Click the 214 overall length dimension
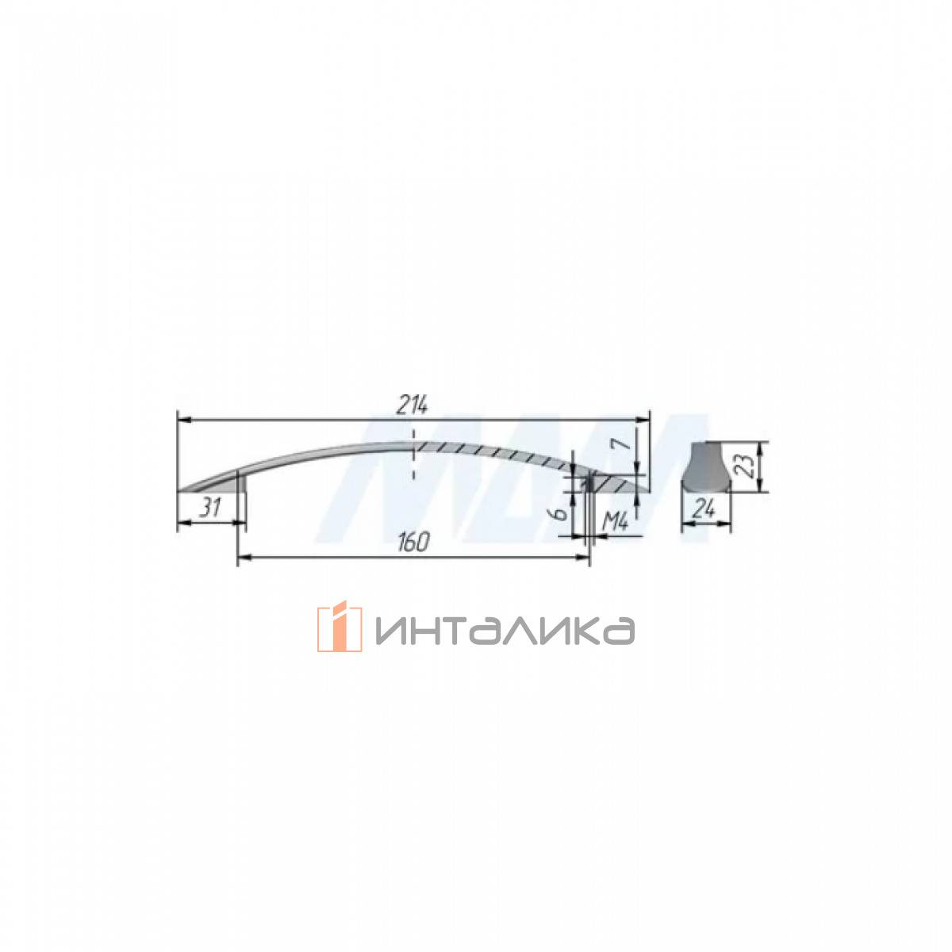412,406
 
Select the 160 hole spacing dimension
413,543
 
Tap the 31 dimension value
210,508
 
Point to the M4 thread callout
616,521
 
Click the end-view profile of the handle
706,466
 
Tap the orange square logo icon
340,626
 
